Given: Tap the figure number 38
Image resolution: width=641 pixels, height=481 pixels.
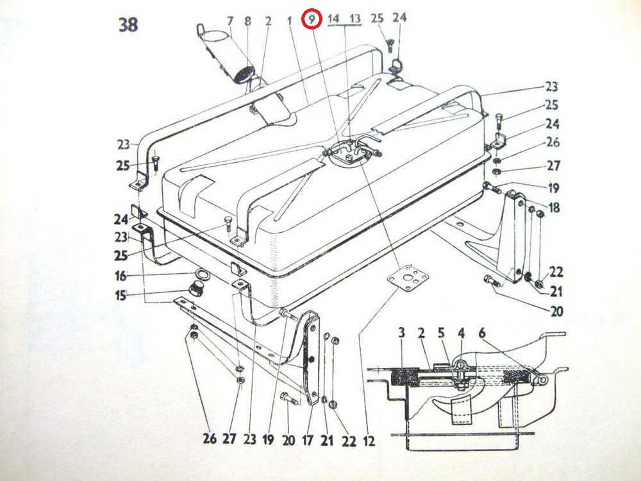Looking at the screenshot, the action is click(x=128, y=25).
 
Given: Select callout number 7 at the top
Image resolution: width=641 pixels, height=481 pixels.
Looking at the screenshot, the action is click(x=230, y=21).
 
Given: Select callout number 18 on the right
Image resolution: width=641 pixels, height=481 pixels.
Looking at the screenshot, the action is click(x=554, y=207).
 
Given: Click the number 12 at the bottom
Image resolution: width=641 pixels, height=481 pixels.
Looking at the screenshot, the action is click(x=369, y=441).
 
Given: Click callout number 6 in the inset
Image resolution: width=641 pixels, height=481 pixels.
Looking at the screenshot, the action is click(x=482, y=333).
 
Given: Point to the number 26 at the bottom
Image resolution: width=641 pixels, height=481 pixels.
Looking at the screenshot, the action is click(x=210, y=439).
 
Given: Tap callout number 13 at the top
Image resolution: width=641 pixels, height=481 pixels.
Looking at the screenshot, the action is click(x=355, y=19).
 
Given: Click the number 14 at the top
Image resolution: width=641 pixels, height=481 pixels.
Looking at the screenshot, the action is click(x=333, y=19).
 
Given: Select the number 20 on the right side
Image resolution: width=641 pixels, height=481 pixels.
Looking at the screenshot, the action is click(x=556, y=311).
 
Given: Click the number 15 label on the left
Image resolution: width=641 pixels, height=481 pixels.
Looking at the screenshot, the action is click(x=121, y=295).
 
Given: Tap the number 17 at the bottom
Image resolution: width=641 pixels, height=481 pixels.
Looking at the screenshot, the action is click(x=308, y=441).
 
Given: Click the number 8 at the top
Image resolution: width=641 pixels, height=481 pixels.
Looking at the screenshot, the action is click(x=247, y=21).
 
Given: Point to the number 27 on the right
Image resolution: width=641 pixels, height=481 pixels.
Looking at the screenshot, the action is click(x=554, y=165).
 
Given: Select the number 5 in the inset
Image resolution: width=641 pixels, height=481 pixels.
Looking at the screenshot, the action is click(x=441, y=333).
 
